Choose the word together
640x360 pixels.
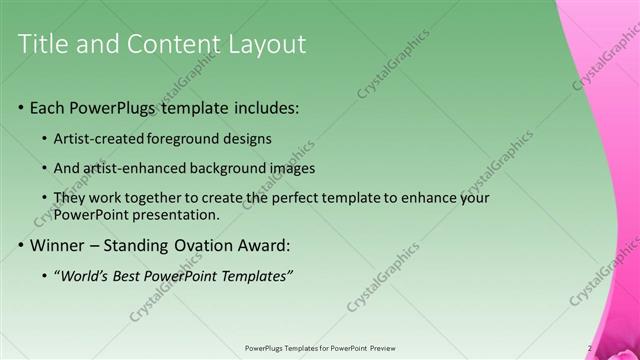point(161,199)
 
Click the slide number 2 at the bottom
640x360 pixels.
point(590,348)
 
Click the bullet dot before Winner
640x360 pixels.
point(21,245)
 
